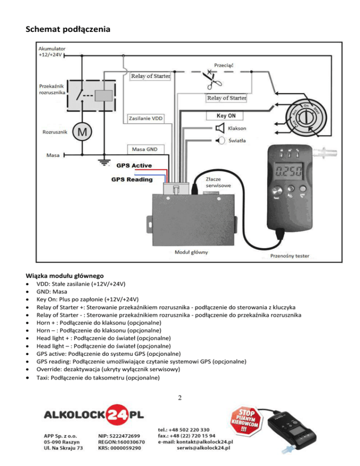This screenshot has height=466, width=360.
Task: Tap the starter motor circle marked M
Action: (x=82, y=132)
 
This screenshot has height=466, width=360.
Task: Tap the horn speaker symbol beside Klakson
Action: (x=219, y=128)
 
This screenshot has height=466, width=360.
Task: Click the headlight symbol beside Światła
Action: (x=219, y=140)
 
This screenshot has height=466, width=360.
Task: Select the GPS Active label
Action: (x=134, y=165)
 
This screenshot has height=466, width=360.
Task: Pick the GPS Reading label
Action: (x=132, y=180)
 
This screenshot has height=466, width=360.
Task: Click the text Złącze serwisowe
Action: (x=217, y=182)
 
